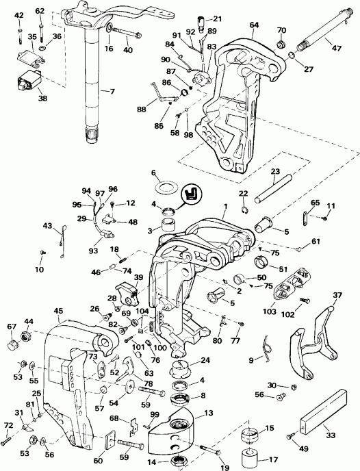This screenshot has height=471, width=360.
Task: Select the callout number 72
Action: (8, 426)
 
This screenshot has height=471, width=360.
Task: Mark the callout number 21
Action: (218, 19)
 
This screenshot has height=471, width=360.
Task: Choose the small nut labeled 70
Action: (281, 44)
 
